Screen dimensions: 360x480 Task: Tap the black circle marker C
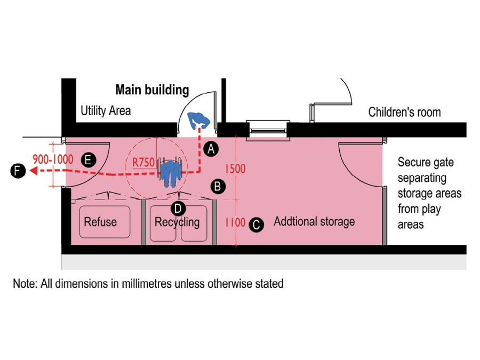click(x=257, y=224)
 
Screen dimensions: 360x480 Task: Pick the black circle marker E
click(x=89, y=159)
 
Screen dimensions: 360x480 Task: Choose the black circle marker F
click(x=18, y=171)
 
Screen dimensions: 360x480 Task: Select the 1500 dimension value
click(x=235, y=169)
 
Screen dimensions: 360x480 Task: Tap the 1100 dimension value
click(x=235, y=222)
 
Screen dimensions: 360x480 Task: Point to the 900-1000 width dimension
click(x=53, y=159)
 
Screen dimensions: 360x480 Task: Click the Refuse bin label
click(x=100, y=221)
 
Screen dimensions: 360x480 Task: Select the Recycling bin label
click(x=177, y=222)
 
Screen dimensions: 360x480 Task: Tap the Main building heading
click(x=152, y=90)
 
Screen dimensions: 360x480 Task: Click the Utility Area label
click(x=106, y=111)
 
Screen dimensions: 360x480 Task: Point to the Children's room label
click(x=405, y=112)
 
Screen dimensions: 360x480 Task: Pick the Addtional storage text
click(x=314, y=221)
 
